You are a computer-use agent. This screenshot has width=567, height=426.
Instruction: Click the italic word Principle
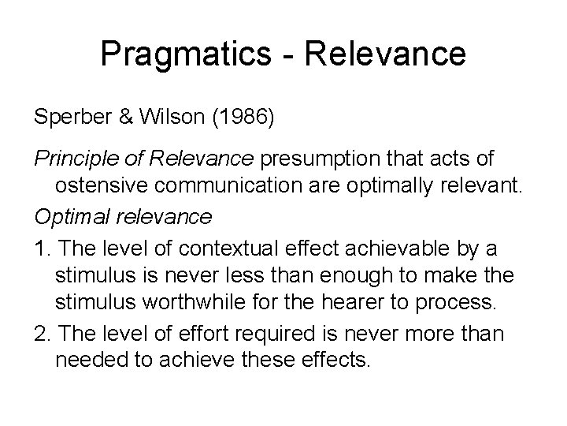(72, 159)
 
